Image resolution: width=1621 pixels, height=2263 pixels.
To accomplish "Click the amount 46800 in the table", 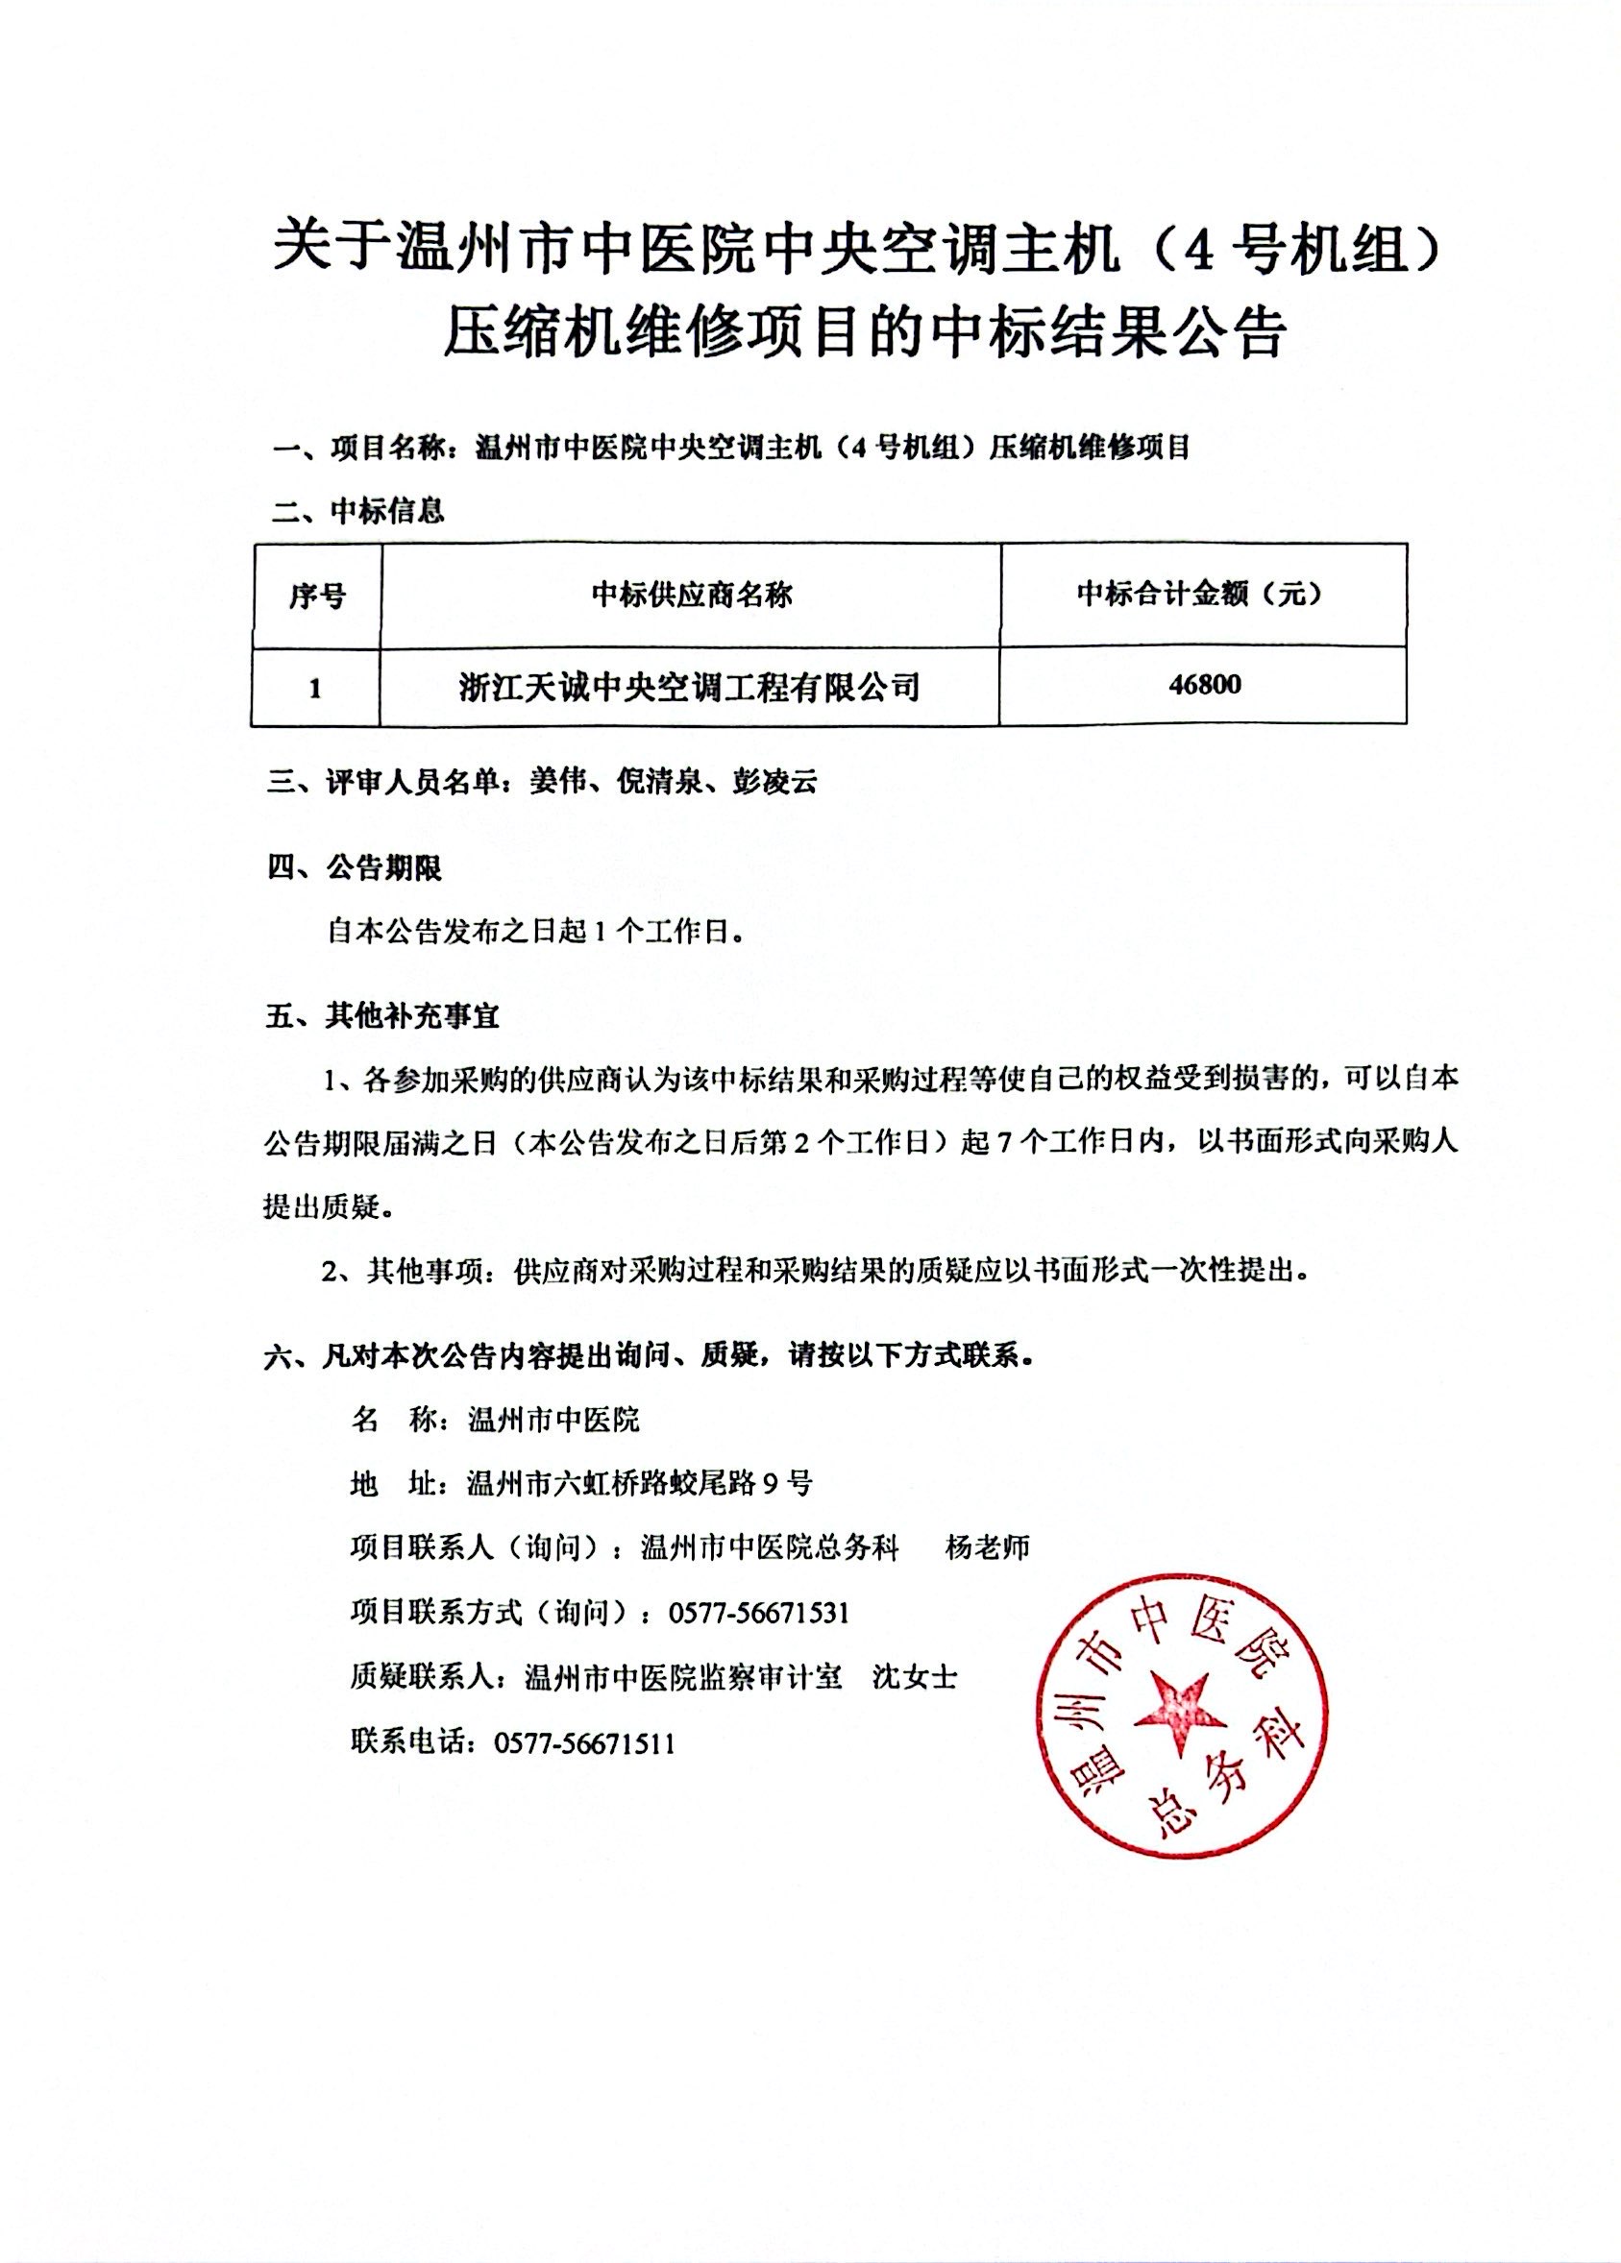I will (x=1204, y=686).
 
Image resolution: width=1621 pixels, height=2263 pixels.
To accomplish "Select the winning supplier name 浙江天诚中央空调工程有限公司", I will (x=690, y=688).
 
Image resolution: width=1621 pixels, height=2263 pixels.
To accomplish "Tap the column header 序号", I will (x=316, y=596).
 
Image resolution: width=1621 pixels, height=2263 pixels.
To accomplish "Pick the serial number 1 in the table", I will (x=315, y=689).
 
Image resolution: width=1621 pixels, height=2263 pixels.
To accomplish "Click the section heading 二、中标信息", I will (x=358, y=512).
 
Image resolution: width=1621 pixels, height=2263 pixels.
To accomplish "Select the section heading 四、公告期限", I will (x=355, y=868).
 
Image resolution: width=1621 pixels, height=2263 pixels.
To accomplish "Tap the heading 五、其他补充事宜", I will (x=382, y=1017).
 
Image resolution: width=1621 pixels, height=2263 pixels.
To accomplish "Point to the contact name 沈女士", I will (x=915, y=1677).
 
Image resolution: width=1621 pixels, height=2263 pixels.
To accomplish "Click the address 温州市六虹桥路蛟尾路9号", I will (x=639, y=1484).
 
